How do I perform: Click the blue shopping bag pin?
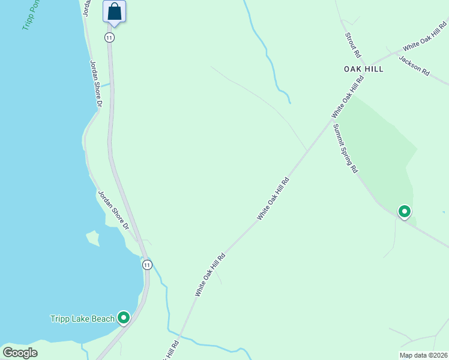(x=114, y=12)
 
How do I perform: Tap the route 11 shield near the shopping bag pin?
(x=109, y=37)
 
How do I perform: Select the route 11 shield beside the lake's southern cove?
(x=147, y=265)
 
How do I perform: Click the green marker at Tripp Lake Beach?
(x=124, y=317)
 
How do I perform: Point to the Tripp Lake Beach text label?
(x=82, y=319)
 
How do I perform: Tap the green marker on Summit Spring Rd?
(x=405, y=211)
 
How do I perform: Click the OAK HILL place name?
(x=363, y=69)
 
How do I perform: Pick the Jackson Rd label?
(x=414, y=65)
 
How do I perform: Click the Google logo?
(x=20, y=353)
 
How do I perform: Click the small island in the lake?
(x=92, y=238)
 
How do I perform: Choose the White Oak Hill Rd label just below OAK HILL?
(x=348, y=97)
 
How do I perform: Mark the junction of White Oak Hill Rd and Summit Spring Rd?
(x=332, y=119)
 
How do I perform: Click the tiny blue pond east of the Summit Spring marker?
(x=444, y=212)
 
